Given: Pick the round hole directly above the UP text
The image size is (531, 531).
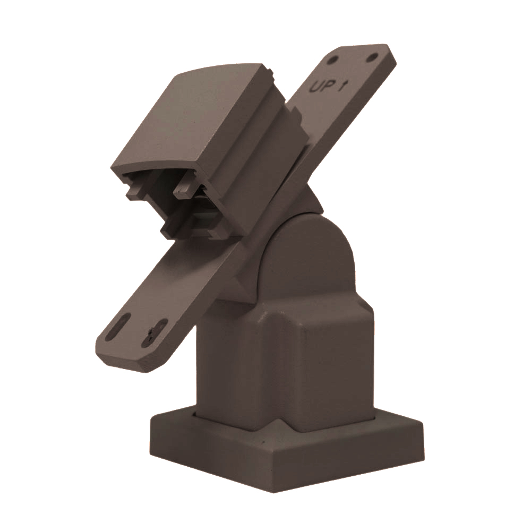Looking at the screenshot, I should pyautogui.click(x=334, y=60).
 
